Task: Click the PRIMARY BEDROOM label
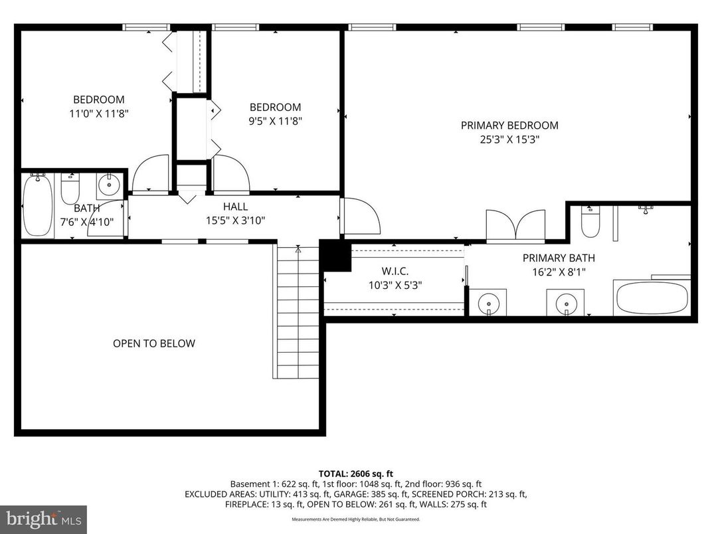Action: click(509, 125)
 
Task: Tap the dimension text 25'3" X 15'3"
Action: click(509, 139)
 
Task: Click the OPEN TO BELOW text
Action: click(153, 343)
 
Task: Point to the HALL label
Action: click(235, 207)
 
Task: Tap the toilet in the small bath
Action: click(70, 190)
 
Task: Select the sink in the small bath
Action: click(108, 184)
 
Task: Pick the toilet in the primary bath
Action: click(590, 222)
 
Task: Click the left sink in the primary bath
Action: click(489, 302)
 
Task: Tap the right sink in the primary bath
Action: click(566, 302)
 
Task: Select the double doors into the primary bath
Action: click(516, 226)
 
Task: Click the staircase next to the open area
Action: click(297, 312)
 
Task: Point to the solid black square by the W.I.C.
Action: click(335, 256)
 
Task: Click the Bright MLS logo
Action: click(43, 519)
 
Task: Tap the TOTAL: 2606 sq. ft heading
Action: click(356, 474)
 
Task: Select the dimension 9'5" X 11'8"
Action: click(275, 121)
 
